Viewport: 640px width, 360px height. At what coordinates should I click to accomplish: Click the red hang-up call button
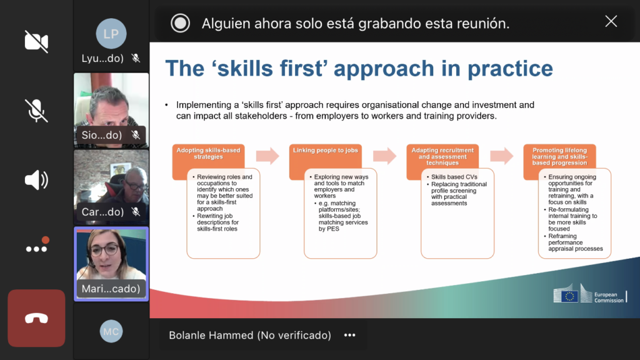[36, 318]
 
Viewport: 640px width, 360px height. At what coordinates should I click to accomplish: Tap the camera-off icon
[36, 41]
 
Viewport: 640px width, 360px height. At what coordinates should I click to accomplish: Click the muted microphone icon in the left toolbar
[36, 111]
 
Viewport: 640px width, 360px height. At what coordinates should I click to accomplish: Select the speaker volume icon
[36, 180]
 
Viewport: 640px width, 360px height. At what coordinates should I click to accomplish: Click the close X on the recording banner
[611, 21]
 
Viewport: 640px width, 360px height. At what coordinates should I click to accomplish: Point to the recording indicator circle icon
[180, 23]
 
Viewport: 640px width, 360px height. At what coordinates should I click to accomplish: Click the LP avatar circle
[111, 34]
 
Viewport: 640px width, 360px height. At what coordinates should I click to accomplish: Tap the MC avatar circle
[111, 331]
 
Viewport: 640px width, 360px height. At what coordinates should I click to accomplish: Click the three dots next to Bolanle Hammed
[350, 335]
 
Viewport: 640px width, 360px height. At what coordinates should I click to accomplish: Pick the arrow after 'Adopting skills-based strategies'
[267, 156]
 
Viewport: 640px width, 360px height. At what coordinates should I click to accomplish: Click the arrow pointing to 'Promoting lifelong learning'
[502, 156]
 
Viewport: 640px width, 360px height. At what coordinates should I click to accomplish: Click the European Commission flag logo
[566, 294]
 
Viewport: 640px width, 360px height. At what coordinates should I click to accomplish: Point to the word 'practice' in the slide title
[510, 68]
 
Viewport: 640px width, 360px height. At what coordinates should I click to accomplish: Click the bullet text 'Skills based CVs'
[454, 177]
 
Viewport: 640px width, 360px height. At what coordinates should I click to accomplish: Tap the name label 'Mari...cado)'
[111, 289]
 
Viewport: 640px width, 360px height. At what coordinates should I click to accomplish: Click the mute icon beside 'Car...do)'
[136, 212]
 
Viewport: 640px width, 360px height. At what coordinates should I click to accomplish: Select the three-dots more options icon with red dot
[37, 246]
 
